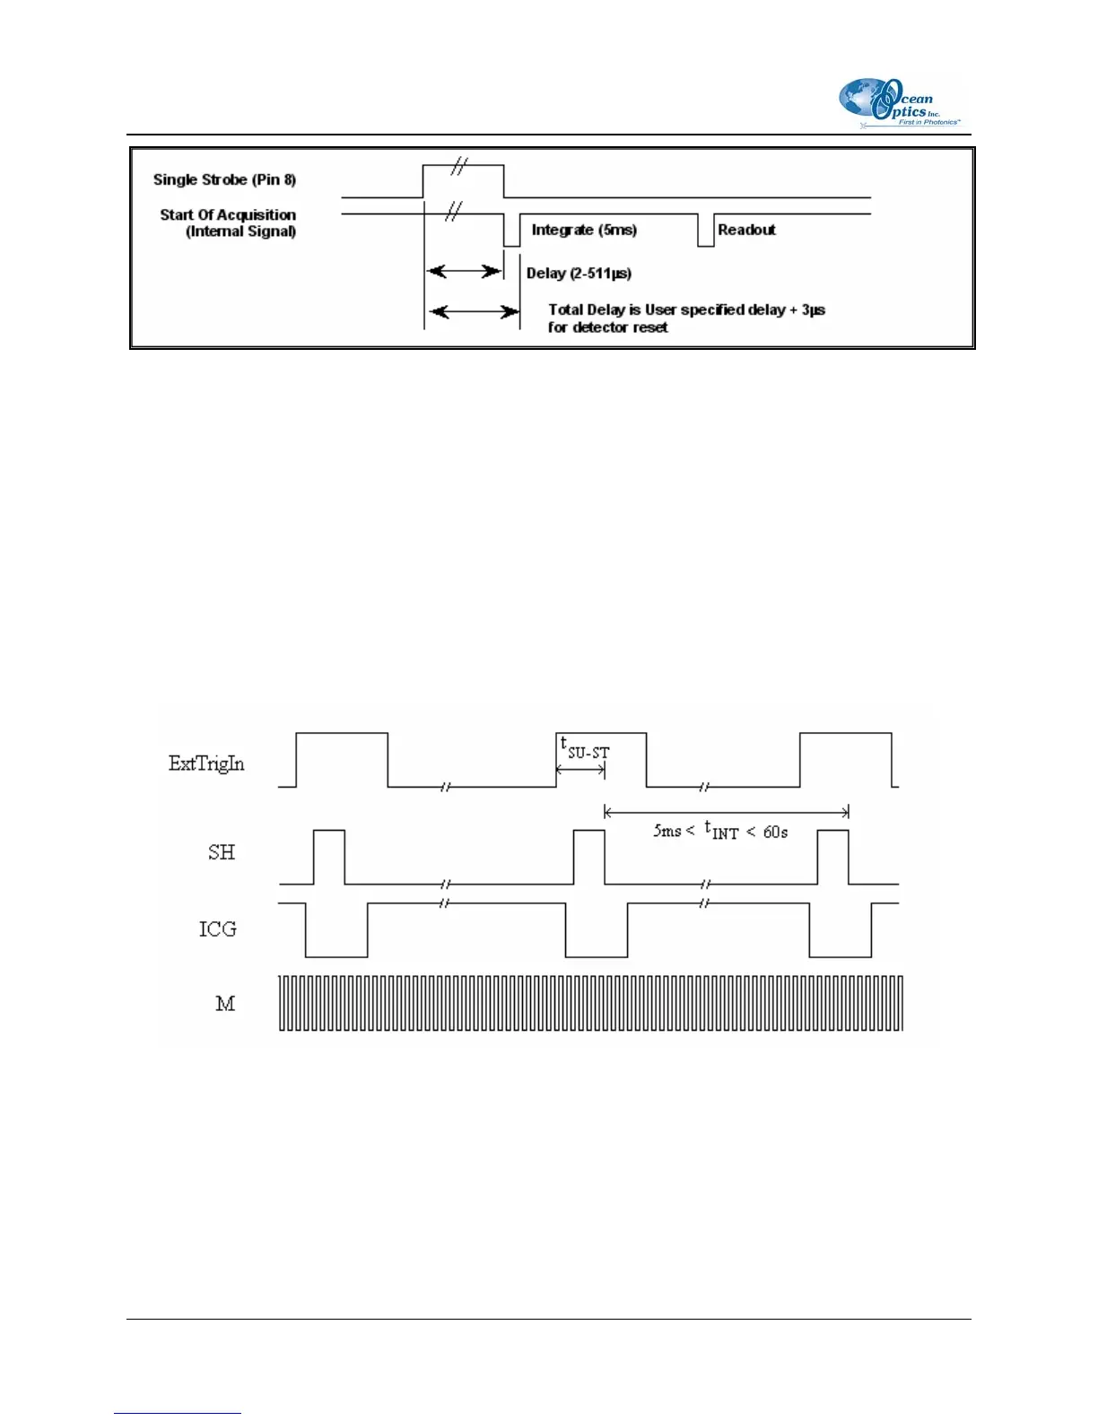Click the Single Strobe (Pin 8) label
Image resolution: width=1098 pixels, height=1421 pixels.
224,179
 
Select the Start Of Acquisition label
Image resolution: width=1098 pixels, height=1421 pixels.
228,215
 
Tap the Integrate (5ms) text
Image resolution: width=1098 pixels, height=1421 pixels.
584,230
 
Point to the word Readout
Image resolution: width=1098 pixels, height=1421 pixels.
746,230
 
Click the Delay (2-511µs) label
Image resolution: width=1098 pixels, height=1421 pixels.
579,273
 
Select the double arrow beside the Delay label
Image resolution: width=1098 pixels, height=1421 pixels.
464,271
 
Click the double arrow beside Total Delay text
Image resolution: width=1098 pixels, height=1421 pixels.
474,311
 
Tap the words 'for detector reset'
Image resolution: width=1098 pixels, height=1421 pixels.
607,327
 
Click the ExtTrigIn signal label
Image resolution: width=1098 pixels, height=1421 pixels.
206,763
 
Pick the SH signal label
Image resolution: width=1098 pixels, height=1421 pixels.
222,852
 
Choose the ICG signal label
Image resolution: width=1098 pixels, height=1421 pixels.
218,929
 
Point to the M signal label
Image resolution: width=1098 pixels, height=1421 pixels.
225,1004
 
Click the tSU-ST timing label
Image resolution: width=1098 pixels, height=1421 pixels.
585,747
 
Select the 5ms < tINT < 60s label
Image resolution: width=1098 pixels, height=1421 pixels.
720,832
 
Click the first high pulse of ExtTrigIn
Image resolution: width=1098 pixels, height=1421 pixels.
342,758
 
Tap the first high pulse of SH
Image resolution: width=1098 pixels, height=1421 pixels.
329,855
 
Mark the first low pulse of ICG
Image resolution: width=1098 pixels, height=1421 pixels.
336,933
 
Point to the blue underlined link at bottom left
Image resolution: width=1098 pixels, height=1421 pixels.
178,1413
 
